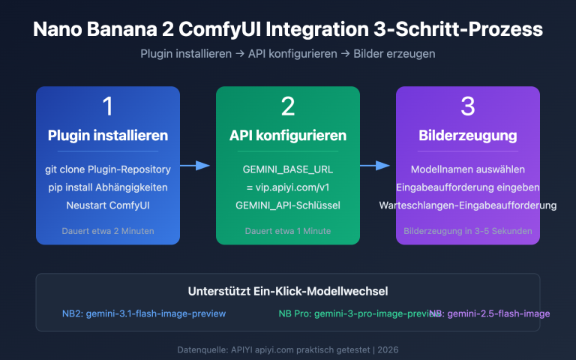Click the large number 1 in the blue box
tap(108, 106)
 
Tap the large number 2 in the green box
tap(288, 106)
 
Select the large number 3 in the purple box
tap(468, 106)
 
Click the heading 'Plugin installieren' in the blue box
tap(108, 136)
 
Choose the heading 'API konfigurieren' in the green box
tap(288, 136)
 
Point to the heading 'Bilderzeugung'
tap(468, 136)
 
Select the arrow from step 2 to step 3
tap(375, 166)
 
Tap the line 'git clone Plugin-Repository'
tap(108, 169)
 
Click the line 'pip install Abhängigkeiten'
tap(108, 187)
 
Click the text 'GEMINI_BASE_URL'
tap(288, 169)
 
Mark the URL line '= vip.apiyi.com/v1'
tap(288, 187)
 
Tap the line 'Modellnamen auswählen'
tap(468, 169)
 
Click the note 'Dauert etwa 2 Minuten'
tap(108, 231)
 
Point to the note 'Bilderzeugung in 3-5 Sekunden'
tap(468, 231)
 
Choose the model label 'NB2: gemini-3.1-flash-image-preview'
tap(144, 313)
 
